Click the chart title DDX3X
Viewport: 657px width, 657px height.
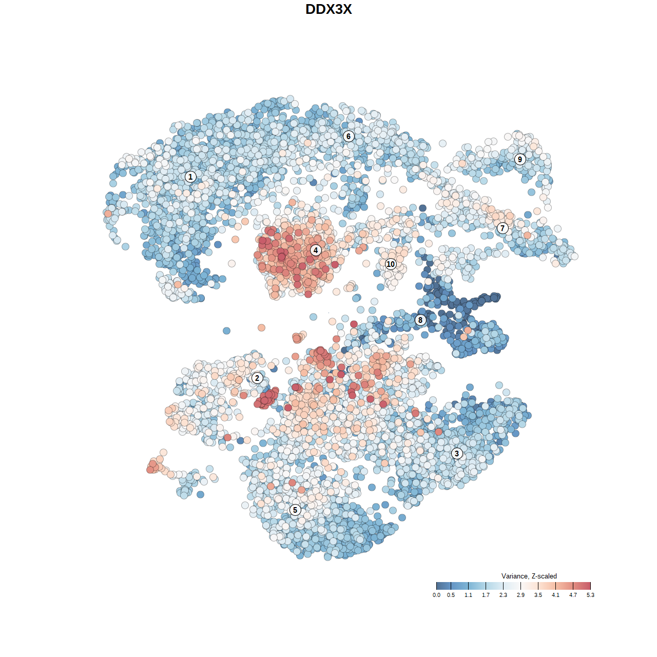pos(328,9)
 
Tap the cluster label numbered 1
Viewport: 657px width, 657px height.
pos(190,177)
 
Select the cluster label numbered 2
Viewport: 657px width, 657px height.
pos(257,378)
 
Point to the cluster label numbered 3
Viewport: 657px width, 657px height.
pos(457,453)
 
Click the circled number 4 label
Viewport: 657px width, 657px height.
pos(316,250)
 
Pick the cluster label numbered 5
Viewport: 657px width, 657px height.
pos(295,510)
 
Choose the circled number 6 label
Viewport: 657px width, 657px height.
pos(349,136)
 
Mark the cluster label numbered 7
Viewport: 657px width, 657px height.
pos(503,228)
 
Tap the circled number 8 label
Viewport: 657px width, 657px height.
pos(420,320)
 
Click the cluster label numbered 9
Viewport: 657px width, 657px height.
pos(520,159)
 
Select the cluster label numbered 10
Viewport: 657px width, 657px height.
pos(391,264)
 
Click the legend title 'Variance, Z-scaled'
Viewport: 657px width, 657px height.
pos(529,576)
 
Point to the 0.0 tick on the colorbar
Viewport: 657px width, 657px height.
pos(436,595)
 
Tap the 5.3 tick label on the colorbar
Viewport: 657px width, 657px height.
pos(590,595)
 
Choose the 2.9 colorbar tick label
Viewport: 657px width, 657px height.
pos(520,595)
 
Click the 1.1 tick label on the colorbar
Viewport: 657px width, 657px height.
pos(468,595)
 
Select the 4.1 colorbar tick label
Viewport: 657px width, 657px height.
pos(555,595)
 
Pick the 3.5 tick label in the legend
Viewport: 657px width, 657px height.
pos(538,595)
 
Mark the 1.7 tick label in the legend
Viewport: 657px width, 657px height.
pos(486,595)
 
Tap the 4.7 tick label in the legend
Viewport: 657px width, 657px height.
pos(573,595)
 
